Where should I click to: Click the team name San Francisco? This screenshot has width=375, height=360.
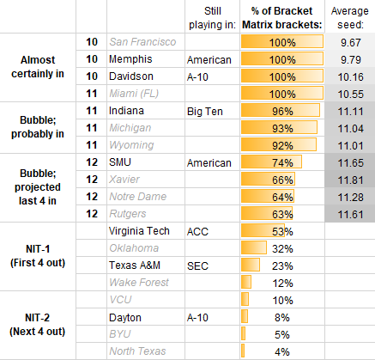[x=142, y=42]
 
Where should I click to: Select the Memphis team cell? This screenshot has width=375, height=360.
[x=128, y=60]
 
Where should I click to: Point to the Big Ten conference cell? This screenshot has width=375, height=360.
[x=206, y=112]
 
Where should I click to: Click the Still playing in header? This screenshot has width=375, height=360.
[x=213, y=17]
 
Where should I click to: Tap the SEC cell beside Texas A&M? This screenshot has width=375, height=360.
[x=198, y=265]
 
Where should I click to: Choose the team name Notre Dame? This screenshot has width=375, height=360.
[x=137, y=197]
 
